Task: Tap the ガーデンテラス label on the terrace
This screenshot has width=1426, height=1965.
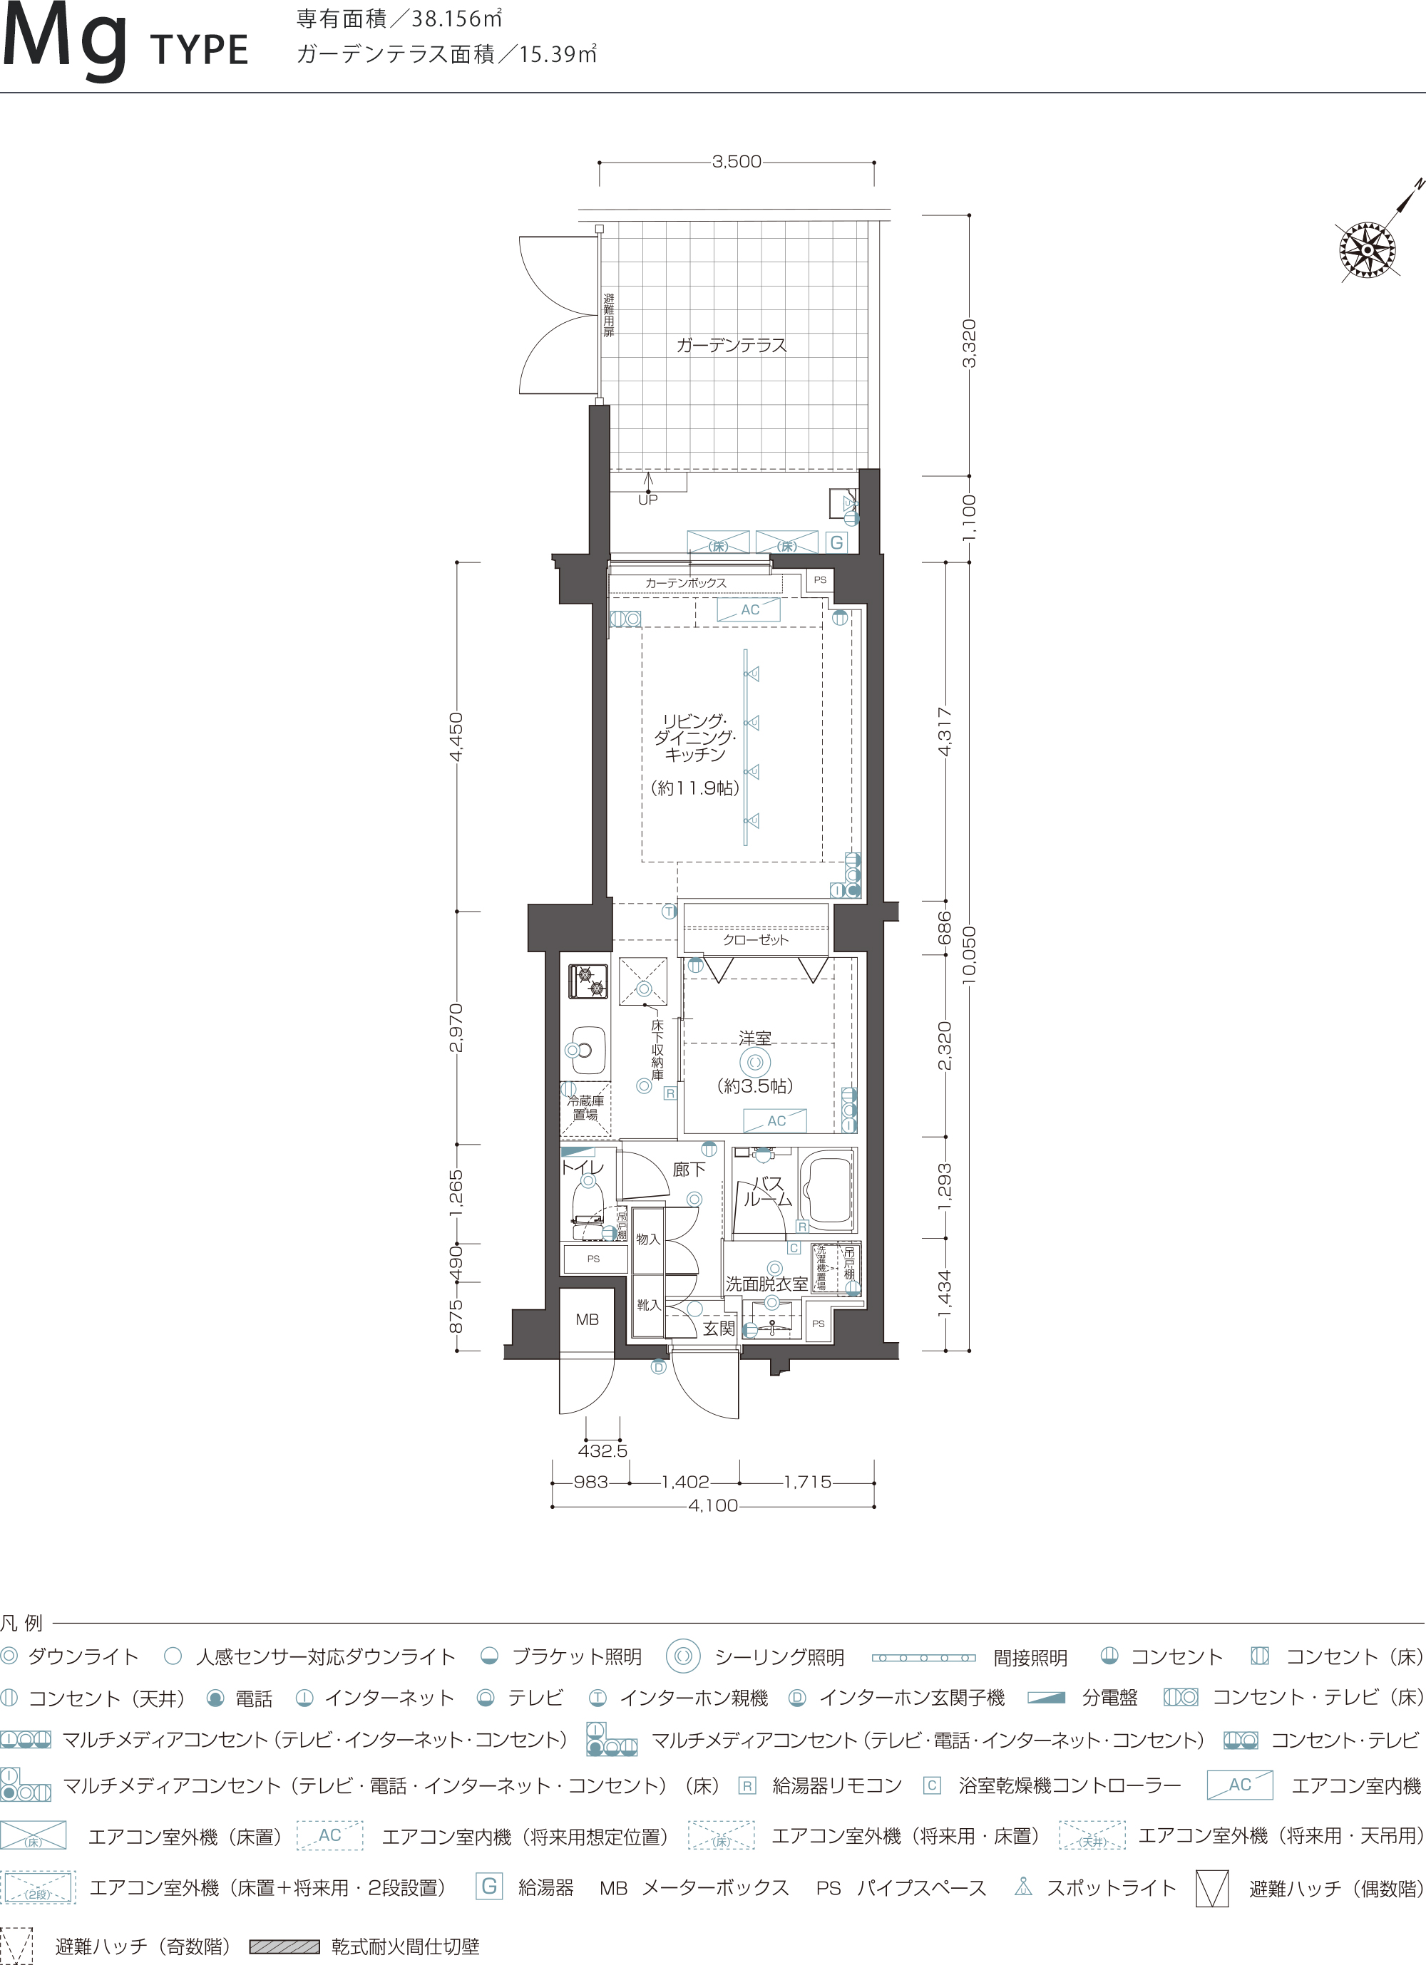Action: (x=732, y=345)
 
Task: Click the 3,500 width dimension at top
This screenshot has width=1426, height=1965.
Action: (x=737, y=161)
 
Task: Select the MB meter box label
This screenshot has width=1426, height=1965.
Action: (x=587, y=1319)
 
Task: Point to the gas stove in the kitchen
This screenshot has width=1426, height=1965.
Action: (x=588, y=981)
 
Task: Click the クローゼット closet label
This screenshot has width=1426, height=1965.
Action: (x=756, y=939)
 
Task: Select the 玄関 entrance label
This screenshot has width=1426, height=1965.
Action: (x=719, y=1329)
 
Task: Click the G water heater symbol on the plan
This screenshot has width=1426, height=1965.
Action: (x=836, y=542)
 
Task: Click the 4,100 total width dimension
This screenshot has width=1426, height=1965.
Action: (x=712, y=1506)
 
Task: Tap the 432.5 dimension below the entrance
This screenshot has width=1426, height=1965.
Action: (x=602, y=1450)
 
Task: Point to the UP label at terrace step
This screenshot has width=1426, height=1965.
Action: (x=647, y=500)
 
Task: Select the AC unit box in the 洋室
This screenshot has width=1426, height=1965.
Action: (x=775, y=1120)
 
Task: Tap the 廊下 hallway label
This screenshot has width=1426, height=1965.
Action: (x=689, y=1170)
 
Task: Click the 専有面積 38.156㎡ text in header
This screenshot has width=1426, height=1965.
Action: (x=399, y=19)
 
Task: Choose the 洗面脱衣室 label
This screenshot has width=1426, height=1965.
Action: (x=766, y=1284)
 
